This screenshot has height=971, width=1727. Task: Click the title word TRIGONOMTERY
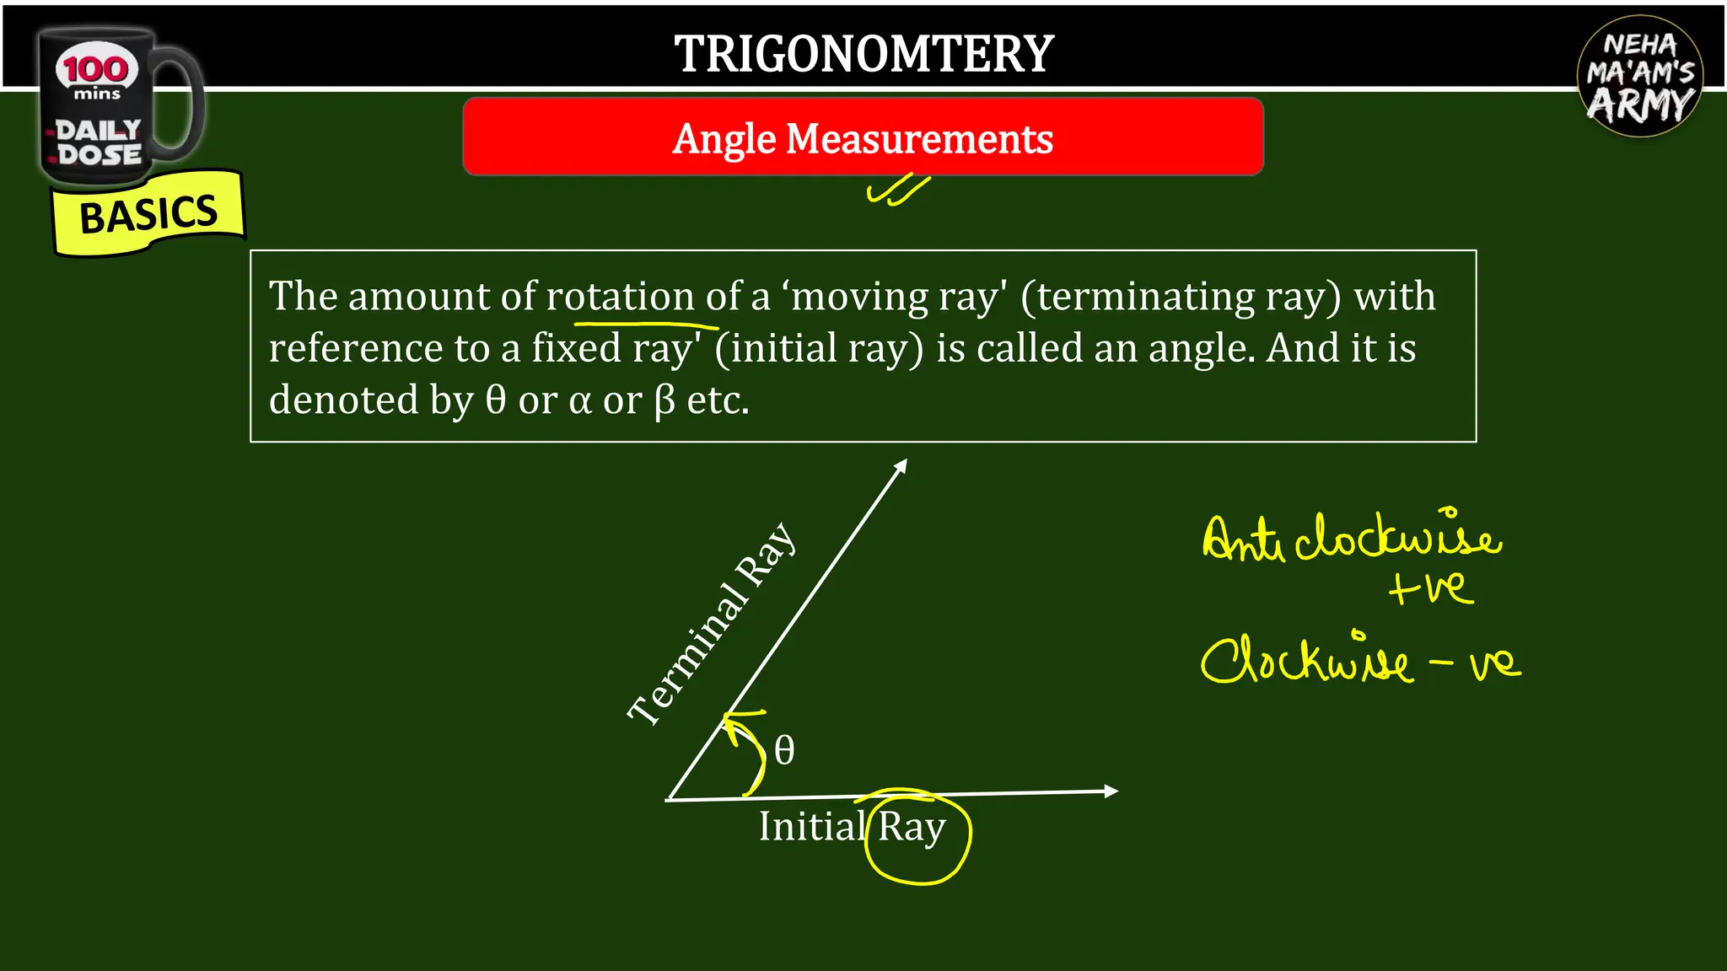pos(863,54)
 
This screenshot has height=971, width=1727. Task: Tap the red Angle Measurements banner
pos(863,137)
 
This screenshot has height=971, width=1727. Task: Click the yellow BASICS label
pos(148,214)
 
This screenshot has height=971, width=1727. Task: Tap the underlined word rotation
pos(620,297)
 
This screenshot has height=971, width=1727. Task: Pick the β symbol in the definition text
pos(664,401)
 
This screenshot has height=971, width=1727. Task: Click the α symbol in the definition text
pos(580,401)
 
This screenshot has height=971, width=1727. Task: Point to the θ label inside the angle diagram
pos(784,750)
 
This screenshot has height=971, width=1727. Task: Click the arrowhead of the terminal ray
pos(901,465)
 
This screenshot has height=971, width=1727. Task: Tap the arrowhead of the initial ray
pos(1111,791)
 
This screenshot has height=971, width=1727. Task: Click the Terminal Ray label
pos(713,623)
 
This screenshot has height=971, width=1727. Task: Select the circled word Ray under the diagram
pos(912,828)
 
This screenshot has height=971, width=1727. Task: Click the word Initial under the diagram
pos(812,827)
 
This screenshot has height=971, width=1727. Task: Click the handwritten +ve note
pos(1431,587)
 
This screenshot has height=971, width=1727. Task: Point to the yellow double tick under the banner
pos(898,190)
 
